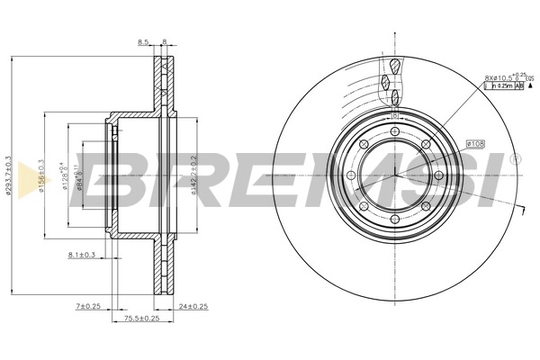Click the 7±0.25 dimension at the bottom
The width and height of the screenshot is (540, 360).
pyautogui.click(x=88, y=308)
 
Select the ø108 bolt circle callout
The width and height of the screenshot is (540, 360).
pyautogui.click(x=476, y=143)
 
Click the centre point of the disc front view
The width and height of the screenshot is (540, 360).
pyautogui.click(x=395, y=175)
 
